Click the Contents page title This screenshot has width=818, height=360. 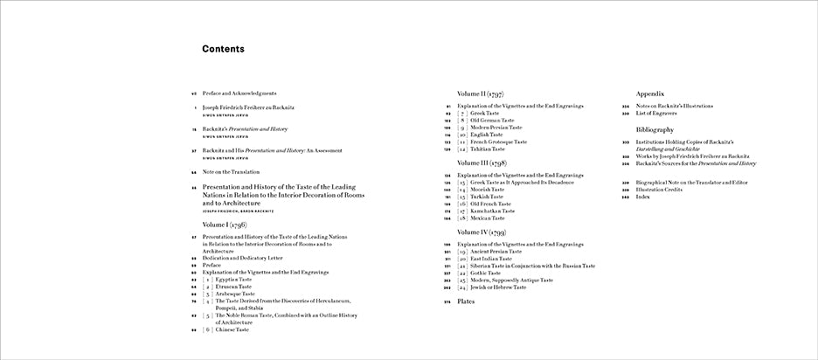pos(223,49)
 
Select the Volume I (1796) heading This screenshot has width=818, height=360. pos(232,225)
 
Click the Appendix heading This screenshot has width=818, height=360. pos(651,93)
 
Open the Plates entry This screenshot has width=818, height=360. pos(468,301)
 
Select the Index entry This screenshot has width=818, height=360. pos(645,197)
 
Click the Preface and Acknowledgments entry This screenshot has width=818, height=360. pos(239,93)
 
